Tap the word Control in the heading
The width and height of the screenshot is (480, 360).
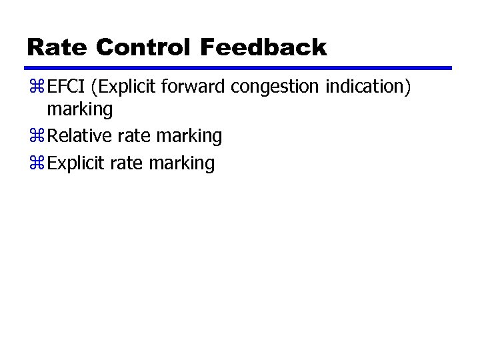pos(142,47)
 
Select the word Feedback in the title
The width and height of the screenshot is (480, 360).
pos(263,47)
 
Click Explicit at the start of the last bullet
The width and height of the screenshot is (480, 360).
pos(77,163)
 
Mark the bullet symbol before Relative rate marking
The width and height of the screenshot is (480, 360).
pos(36,137)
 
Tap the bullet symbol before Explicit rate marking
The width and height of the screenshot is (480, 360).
pos(36,164)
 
